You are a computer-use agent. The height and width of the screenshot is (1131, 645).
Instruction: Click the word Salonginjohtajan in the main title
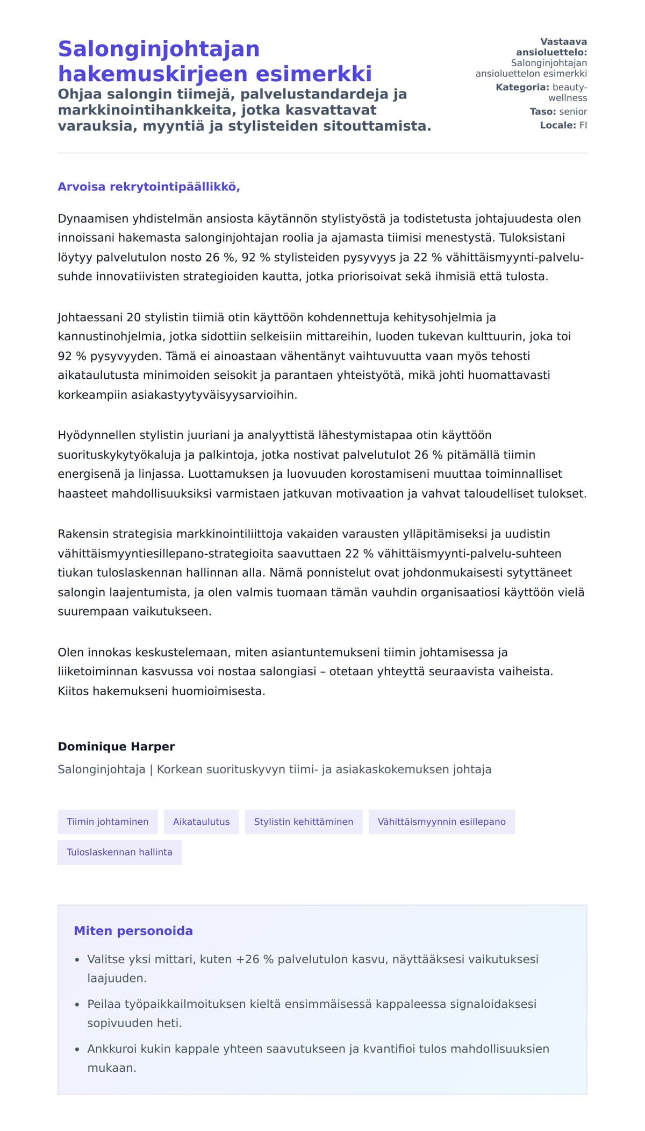click(159, 49)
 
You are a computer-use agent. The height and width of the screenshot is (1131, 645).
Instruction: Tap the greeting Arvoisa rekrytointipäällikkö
click(148, 187)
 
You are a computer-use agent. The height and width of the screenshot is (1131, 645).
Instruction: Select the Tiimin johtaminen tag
click(107, 822)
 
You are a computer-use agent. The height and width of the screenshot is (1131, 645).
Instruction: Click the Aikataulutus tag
click(201, 822)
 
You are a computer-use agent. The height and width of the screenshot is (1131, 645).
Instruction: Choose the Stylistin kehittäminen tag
click(304, 822)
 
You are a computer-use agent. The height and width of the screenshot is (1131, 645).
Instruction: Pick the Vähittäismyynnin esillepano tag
click(441, 822)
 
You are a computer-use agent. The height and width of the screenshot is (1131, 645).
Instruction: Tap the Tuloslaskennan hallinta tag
click(119, 852)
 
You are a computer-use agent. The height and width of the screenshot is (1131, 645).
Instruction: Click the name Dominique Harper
click(116, 746)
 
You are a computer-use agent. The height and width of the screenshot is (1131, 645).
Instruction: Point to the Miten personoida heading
click(133, 931)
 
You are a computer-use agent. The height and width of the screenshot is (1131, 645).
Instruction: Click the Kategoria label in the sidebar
click(522, 87)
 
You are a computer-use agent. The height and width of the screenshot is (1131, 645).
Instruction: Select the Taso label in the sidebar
click(542, 111)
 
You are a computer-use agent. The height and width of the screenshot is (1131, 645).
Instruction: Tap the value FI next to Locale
click(583, 125)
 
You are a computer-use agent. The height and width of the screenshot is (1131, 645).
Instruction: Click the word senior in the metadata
click(573, 111)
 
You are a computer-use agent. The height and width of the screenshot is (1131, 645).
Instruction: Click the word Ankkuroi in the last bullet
click(107, 1049)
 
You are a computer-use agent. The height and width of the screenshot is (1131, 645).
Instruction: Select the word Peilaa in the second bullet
click(104, 1004)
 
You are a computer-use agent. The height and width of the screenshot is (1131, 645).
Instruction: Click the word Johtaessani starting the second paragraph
click(90, 317)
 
